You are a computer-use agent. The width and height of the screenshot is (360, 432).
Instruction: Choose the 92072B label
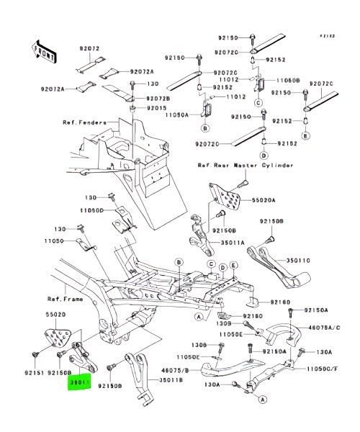[x=158, y=97]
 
